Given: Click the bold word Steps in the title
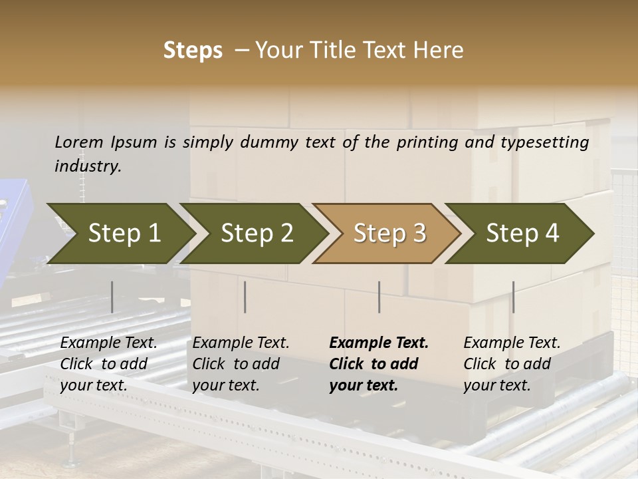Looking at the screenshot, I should [x=193, y=51].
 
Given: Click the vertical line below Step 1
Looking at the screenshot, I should [x=112, y=297].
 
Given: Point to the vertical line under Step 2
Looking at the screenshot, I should [x=245, y=297].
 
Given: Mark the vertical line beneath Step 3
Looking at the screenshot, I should [x=379, y=297].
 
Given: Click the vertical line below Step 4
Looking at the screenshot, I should [x=513, y=297].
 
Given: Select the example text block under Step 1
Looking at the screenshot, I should [x=109, y=364].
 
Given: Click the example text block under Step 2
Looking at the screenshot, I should [x=241, y=364].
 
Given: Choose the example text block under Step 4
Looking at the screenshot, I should [x=512, y=364].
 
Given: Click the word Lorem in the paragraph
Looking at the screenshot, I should [x=79, y=142].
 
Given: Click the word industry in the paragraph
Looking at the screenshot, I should [x=88, y=166].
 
